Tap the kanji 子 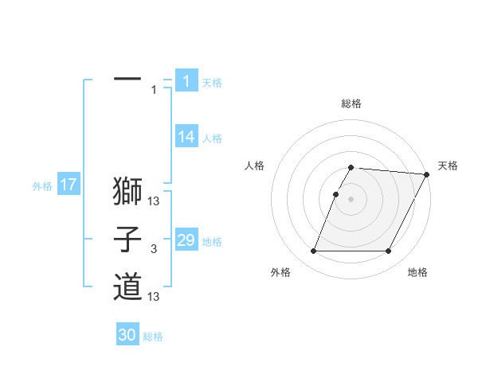(127, 240)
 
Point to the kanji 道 (127, 286)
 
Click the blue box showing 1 (186, 80)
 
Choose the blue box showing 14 (186, 137)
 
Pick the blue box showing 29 (186, 240)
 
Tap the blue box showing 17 (68, 185)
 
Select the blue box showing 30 (127, 335)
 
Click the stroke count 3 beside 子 (153, 250)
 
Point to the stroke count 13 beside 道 (155, 297)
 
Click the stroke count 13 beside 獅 (155, 201)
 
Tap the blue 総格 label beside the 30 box (153, 337)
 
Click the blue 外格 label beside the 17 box (42, 186)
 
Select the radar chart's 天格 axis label (448, 166)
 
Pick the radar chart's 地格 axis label (417, 273)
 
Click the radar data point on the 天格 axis (427, 174)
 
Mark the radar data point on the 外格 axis (313, 251)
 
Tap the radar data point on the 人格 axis (336, 194)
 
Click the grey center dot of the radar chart (351, 199)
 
